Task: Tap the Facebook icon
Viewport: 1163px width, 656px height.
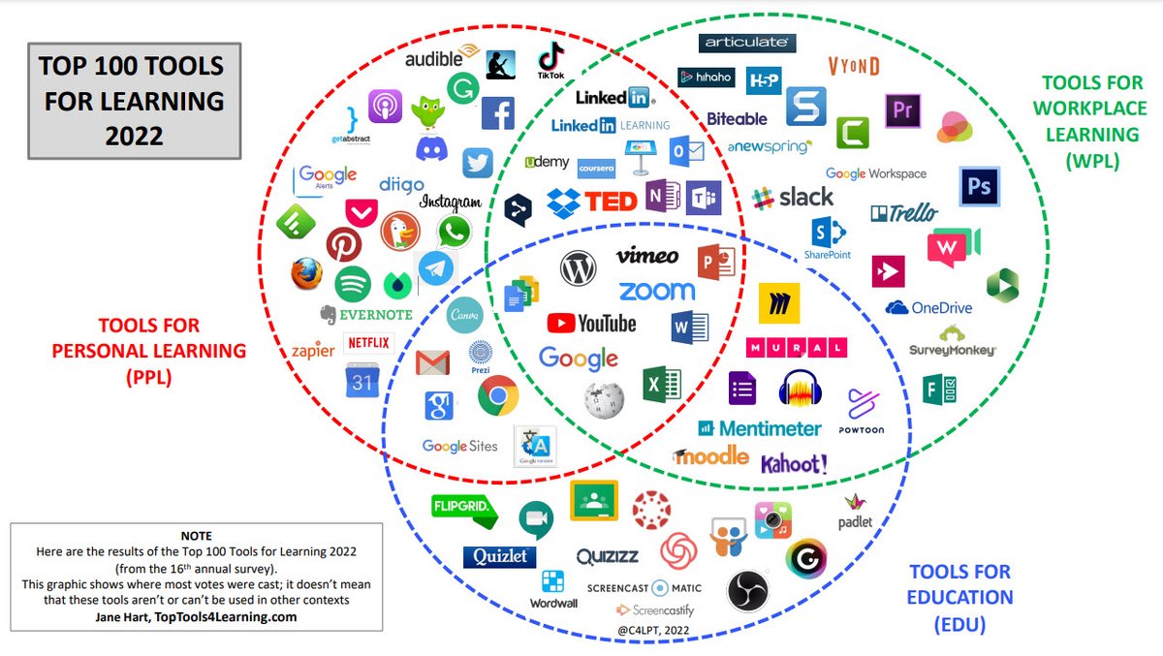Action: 498,112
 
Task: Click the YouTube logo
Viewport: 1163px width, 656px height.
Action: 591,323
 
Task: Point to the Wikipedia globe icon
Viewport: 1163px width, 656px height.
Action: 604,399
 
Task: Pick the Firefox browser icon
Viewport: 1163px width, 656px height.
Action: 306,274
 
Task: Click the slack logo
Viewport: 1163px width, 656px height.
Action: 792,197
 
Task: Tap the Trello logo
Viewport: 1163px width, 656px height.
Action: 903,212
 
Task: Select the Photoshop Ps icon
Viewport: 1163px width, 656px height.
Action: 979,186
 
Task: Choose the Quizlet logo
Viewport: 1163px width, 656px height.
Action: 499,556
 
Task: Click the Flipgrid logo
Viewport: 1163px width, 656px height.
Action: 464,507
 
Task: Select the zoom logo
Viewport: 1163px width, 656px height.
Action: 656,291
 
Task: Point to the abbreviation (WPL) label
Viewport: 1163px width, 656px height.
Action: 1092,160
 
